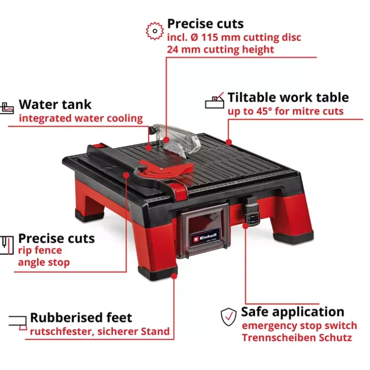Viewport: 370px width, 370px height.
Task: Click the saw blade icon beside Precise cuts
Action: (155, 31)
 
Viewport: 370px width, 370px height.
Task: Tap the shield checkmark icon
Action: (228, 317)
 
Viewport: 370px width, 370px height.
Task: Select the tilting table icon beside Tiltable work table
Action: (214, 100)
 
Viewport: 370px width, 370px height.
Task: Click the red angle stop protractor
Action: (165, 168)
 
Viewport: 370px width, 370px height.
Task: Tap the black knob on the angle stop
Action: (142, 169)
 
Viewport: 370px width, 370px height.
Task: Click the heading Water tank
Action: (55, 105)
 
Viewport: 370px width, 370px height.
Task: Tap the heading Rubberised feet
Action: (81, 318)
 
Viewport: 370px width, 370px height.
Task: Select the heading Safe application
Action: (293, 312)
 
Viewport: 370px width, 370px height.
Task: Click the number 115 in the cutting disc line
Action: (210, 37)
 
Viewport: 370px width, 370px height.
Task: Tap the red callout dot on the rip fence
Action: (126, 175)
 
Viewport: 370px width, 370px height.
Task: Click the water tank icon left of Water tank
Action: (7, 108)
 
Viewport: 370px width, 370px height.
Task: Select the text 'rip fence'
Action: (40, 250)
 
